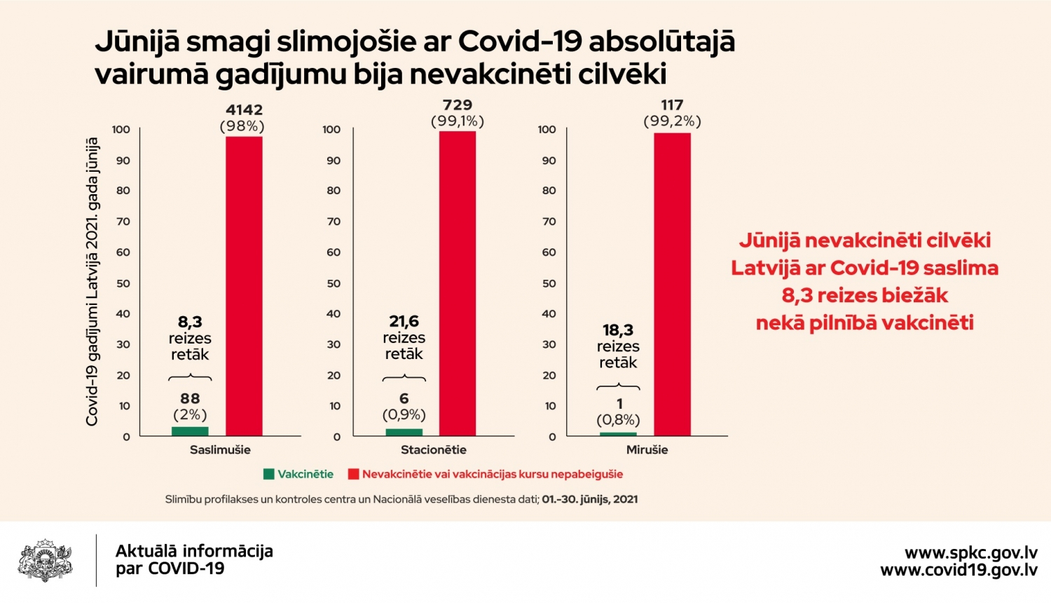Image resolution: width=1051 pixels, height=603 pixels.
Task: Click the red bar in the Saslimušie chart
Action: [244, 286]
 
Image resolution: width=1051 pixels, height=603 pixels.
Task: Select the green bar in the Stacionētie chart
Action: [404, 432]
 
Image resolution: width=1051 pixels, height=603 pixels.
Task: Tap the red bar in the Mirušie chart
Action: [672, 284]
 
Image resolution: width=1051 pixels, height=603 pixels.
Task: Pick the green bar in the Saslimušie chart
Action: [190, 431]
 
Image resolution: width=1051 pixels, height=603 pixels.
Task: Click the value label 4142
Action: [244, 110]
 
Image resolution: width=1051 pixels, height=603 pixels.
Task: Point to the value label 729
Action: [458, 104]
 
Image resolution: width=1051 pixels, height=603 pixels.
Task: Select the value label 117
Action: [672, 104]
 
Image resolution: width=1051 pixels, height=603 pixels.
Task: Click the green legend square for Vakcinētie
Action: [269, 474]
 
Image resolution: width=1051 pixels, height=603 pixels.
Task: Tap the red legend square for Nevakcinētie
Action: [353, 474]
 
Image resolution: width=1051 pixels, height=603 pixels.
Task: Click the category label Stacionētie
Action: [434, 450]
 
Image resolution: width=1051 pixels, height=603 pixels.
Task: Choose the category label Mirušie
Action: [647, 450]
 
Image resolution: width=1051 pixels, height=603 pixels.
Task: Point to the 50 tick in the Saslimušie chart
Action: [123, 284]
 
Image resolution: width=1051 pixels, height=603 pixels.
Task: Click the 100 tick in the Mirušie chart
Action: [547, 130]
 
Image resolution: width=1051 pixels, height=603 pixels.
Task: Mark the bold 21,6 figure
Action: [404, 321]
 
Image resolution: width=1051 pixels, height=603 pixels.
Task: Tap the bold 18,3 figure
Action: [618, 330]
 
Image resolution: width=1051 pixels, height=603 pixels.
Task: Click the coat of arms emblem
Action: [45, 560]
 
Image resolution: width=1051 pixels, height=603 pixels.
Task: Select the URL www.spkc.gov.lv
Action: [970, 553]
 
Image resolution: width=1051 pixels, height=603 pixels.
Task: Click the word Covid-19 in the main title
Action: [520, 41]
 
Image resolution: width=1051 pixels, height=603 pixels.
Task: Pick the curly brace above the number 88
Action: [190, 377]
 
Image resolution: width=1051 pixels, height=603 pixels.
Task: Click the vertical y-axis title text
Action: [92, 282]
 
